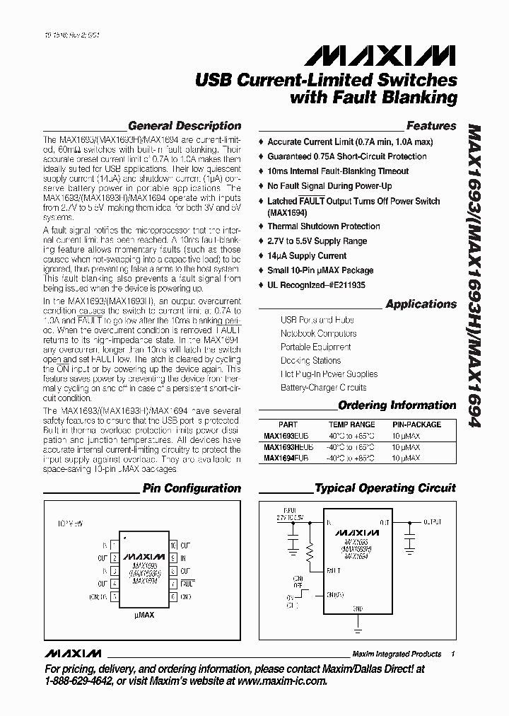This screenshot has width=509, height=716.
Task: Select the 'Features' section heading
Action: [431, 126]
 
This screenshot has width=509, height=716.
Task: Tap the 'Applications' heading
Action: [421, 304]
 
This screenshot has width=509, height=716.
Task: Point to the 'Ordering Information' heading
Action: [397, 405]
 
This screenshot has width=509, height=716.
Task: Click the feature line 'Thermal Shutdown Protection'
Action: [323, 226]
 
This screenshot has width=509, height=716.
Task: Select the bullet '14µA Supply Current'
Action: [307, 256]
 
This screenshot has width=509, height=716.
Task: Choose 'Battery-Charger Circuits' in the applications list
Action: [323, 388]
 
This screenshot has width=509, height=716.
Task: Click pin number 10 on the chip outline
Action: [173, 545]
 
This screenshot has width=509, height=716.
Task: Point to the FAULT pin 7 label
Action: [187, 584]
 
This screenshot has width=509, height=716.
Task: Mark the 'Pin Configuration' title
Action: [192, 488]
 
